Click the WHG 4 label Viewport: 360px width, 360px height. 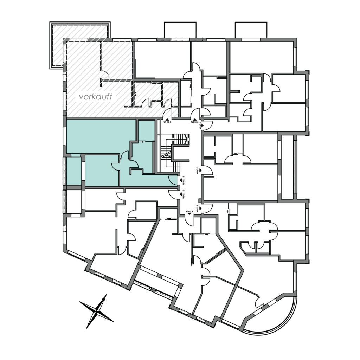(167, 122)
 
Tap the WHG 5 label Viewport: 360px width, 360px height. (195, 122)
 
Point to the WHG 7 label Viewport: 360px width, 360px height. (197, 171)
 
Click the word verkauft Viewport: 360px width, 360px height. (96, 97)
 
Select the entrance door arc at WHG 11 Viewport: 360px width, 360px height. (173, 180)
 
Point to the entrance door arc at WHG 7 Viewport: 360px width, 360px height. (208, 171)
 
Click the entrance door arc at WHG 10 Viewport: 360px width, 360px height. (173, 194)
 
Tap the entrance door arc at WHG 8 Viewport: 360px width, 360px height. (208, 208)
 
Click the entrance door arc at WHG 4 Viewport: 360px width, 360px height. (167, 114)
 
